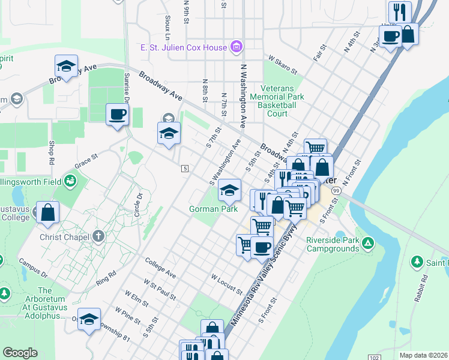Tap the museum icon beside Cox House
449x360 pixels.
(237, 47)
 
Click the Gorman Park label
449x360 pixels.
(214, 209)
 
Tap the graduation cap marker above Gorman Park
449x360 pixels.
(229, 190)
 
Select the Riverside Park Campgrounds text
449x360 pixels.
(332, 244)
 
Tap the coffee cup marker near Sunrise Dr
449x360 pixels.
(118, 114)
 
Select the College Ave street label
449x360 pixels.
(161, 268)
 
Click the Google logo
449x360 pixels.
(20, 353)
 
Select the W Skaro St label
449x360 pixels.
(284, 65)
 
